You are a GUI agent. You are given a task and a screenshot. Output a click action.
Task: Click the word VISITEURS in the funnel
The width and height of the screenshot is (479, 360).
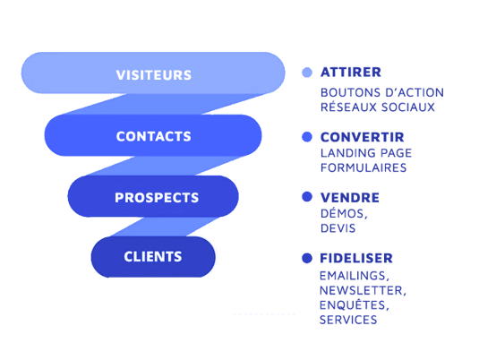tap(154, 75)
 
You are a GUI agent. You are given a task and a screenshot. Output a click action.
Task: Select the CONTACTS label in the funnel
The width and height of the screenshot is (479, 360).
tap(154, 136)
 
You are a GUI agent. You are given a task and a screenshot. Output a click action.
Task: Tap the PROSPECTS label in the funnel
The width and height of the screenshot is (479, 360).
tap(157, 198)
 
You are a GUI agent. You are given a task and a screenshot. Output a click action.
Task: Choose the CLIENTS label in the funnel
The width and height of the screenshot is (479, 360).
tap(153, 257)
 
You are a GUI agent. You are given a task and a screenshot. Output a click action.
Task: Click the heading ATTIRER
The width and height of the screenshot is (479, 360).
tap(351, 73)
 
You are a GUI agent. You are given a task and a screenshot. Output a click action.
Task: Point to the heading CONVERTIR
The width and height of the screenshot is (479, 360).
tap(363, 137)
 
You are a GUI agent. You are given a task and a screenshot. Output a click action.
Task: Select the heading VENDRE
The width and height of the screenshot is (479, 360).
tap(350, 198)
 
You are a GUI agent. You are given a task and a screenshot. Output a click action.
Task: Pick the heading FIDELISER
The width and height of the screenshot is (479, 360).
tap(356, 258)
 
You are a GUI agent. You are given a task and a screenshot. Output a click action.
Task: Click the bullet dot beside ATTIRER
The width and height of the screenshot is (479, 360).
tap(307, 73)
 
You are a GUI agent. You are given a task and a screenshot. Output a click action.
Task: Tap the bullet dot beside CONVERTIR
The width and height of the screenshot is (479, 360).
tap(307, 137)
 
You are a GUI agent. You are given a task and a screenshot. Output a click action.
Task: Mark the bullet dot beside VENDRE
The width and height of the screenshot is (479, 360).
tap(307, 197)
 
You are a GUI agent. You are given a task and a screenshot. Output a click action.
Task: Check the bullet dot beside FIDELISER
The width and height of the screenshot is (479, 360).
tap(307, 258)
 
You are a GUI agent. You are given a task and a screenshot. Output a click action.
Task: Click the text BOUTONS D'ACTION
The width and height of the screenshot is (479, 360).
tap(382, 92)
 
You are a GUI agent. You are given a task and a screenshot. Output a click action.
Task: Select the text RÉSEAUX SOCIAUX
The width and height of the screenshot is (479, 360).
tap(378, 107)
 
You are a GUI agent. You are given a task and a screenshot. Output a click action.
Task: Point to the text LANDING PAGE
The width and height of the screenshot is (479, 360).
tap(366, 153)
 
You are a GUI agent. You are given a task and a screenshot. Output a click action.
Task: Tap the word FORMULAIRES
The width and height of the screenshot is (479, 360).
tap(364, 167)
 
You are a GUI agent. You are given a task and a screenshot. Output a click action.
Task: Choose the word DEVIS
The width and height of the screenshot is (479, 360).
tap(338, 228)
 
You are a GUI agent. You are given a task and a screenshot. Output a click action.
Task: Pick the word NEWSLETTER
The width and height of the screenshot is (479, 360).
tap(363, 291)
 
